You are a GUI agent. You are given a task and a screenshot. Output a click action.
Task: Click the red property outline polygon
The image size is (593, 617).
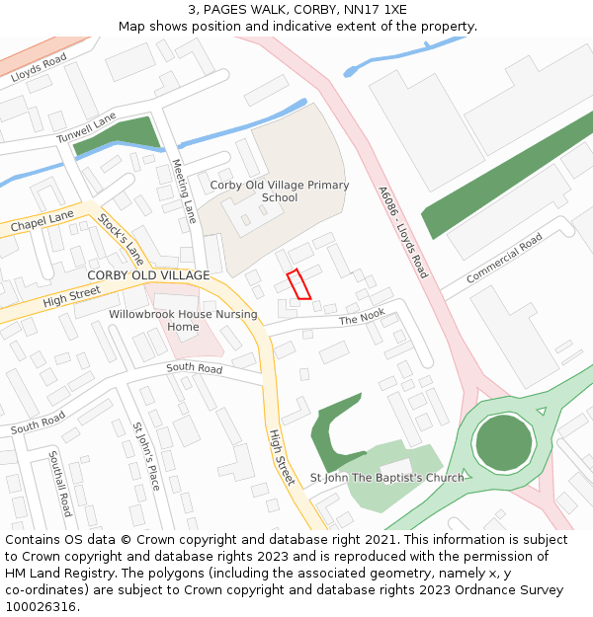pyautogui.click(x=298, y=283)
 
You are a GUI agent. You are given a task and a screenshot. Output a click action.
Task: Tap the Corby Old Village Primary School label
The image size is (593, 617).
pyautogui.click(x=279, y=192)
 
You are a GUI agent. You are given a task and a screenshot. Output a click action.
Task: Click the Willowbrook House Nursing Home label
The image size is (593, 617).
pyautogui.click(x=183, y=321)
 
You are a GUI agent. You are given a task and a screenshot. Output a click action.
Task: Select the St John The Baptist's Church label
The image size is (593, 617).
pyautogui.click(x=386, y=478)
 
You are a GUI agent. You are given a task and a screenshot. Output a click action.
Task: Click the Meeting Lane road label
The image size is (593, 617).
pyautogui.click(x=185, y=191)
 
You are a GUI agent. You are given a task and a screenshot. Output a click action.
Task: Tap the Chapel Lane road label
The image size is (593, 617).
pyautogui.click(x=42, y=221)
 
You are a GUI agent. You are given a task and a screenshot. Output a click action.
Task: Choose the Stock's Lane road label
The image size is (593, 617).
pyautogui.click(x=121, y=240)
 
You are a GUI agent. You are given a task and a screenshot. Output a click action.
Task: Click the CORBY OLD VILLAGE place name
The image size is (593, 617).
pyautogui.click(x=148, y=275)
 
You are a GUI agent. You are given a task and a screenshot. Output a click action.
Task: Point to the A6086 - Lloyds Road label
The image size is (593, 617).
pyautogui.click(x=402, y=232)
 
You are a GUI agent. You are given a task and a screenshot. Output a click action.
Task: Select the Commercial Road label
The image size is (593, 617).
pyautogui.click(x=504, y=259)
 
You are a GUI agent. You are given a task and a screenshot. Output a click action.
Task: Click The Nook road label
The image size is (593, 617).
pyautogui.click(x=362, y=318)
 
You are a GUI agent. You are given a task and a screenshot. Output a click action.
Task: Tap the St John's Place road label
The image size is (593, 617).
pyautogui.click(x=145, y=456)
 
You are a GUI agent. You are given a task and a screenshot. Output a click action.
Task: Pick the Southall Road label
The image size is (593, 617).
pyautogui.click(x=59, y=484)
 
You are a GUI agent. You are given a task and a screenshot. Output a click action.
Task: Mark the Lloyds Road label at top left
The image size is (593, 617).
pyautogui.click(x=39, y=68)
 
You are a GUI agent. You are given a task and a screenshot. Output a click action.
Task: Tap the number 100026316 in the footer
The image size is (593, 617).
pyautogui.click(x=39, y=606)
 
